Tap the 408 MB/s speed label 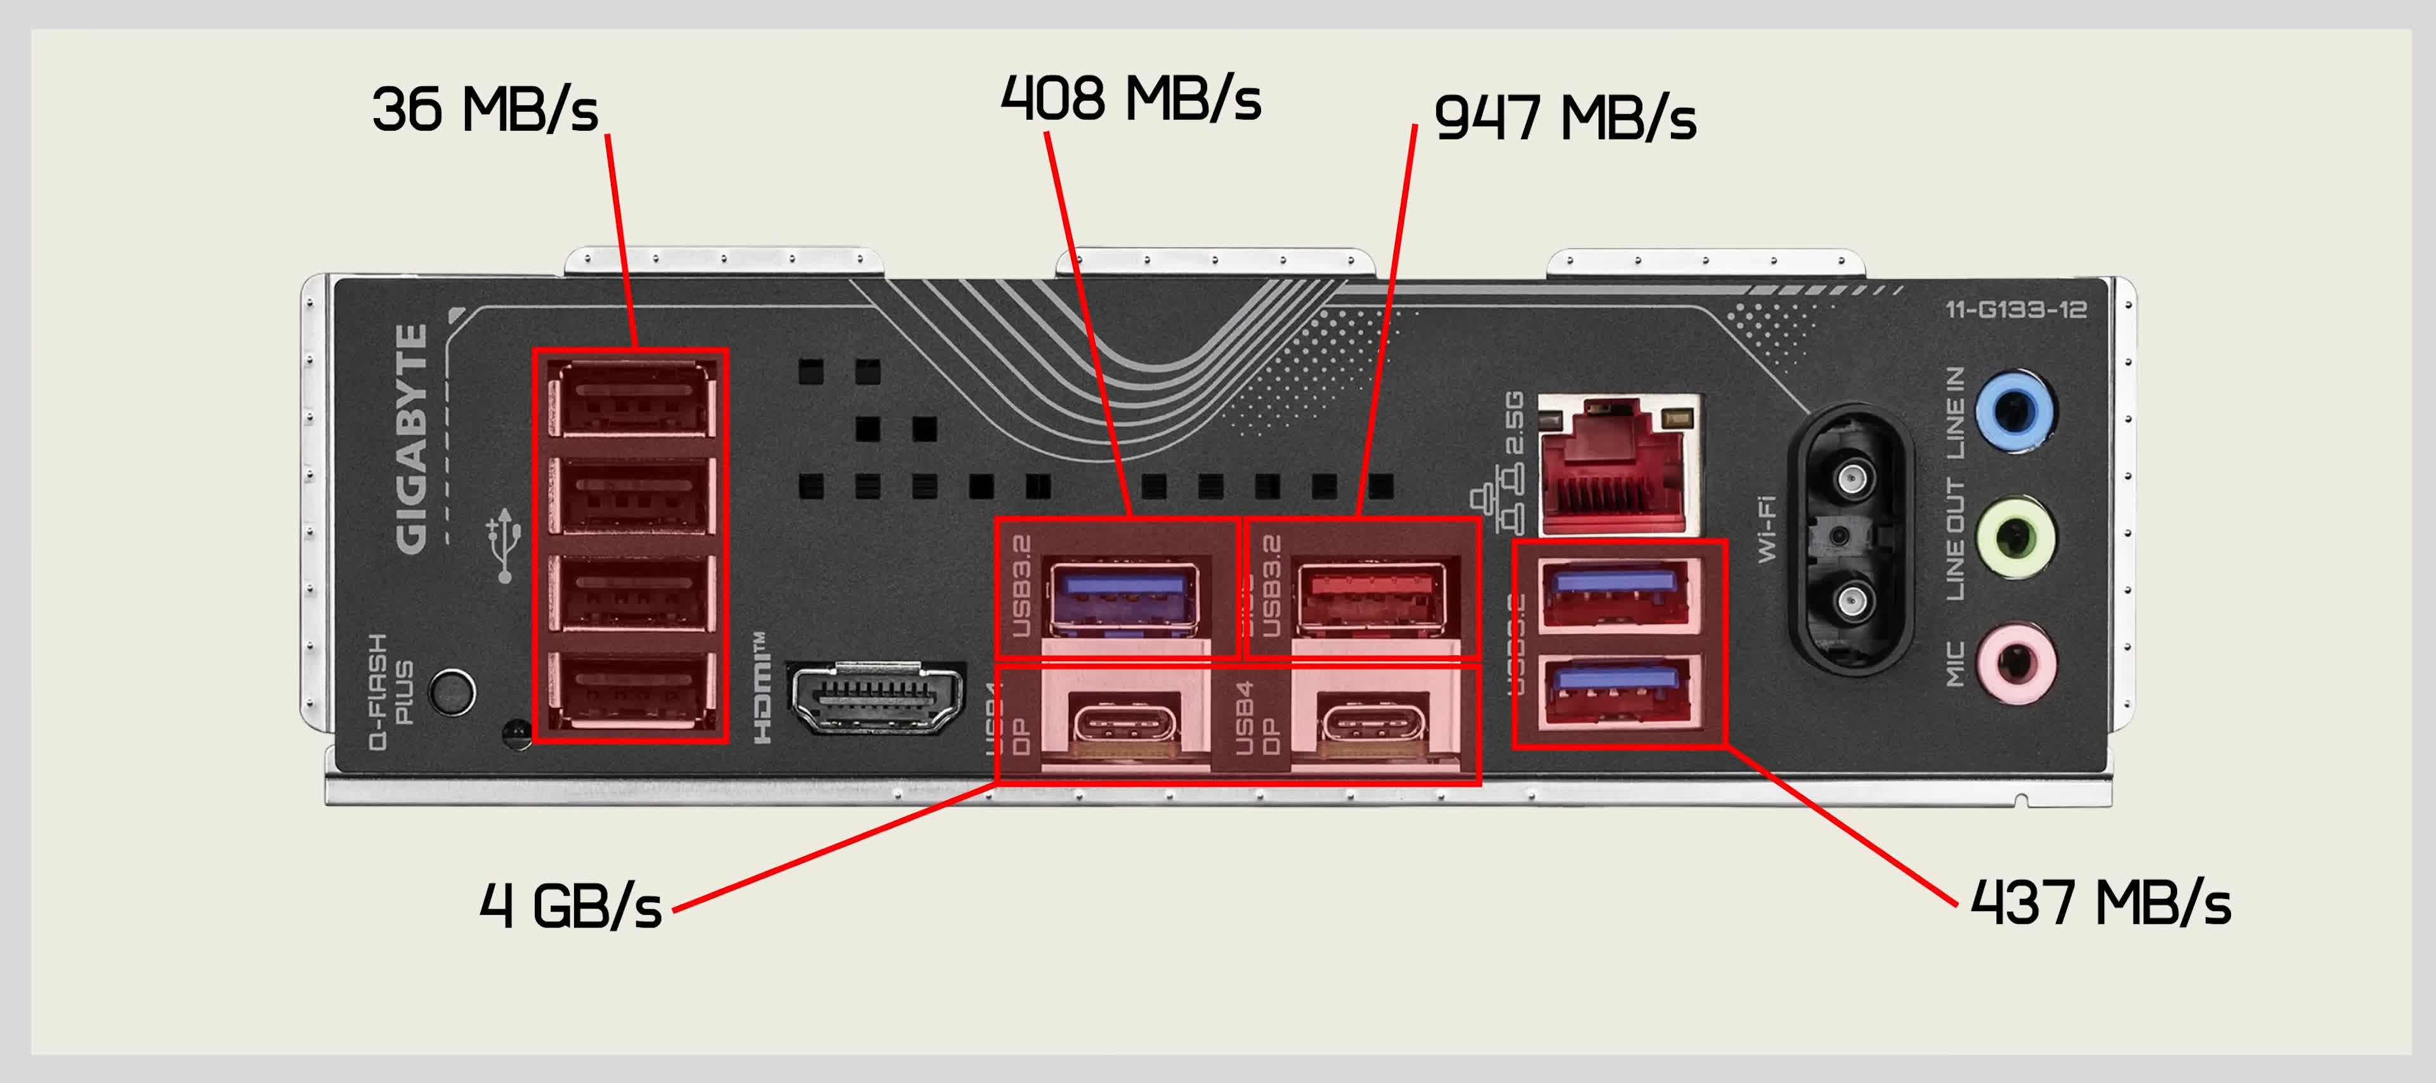pos(1131,98)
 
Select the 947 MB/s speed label pos(1565,118)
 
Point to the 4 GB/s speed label pos(570,906)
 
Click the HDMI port pos(875,700)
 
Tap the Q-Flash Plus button pos(452,692)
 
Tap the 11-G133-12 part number pos(2015,310)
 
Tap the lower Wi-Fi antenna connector pos(1852,601)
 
